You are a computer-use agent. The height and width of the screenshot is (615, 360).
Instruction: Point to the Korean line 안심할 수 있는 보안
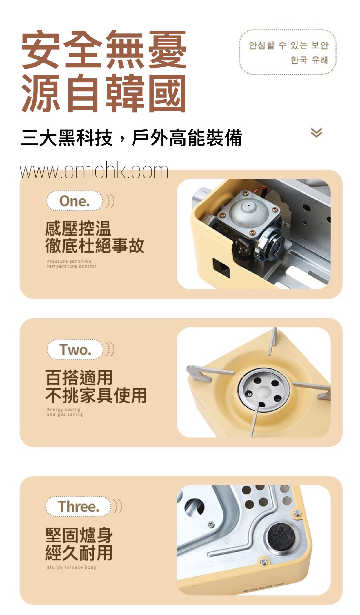tap(288, 45)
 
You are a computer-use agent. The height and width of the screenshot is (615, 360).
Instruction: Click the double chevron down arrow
tap(316, 132)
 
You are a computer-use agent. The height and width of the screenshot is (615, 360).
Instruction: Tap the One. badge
tap(74, 201)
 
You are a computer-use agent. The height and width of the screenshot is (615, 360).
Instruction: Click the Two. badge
tap(75, 349)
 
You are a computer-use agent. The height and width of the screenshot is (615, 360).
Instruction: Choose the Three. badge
tap(78, 506)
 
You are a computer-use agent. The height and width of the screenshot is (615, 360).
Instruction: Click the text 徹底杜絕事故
tap(94, 246)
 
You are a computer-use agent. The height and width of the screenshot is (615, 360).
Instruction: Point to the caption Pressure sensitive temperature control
tap(71, 264)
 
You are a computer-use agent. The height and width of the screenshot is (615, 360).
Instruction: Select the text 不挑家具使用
tap(96, 395)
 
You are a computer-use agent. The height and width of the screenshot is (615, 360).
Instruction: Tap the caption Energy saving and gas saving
tap(65, 412)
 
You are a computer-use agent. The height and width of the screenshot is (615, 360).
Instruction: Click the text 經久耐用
tap(79, 552)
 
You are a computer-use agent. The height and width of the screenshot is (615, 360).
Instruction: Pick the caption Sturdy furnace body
tap(71, 567)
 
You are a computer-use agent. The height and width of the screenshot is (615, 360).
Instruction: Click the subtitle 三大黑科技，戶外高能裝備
tap(131, 138)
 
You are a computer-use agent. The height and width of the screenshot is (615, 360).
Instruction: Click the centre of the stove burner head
tap(263, 390)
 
